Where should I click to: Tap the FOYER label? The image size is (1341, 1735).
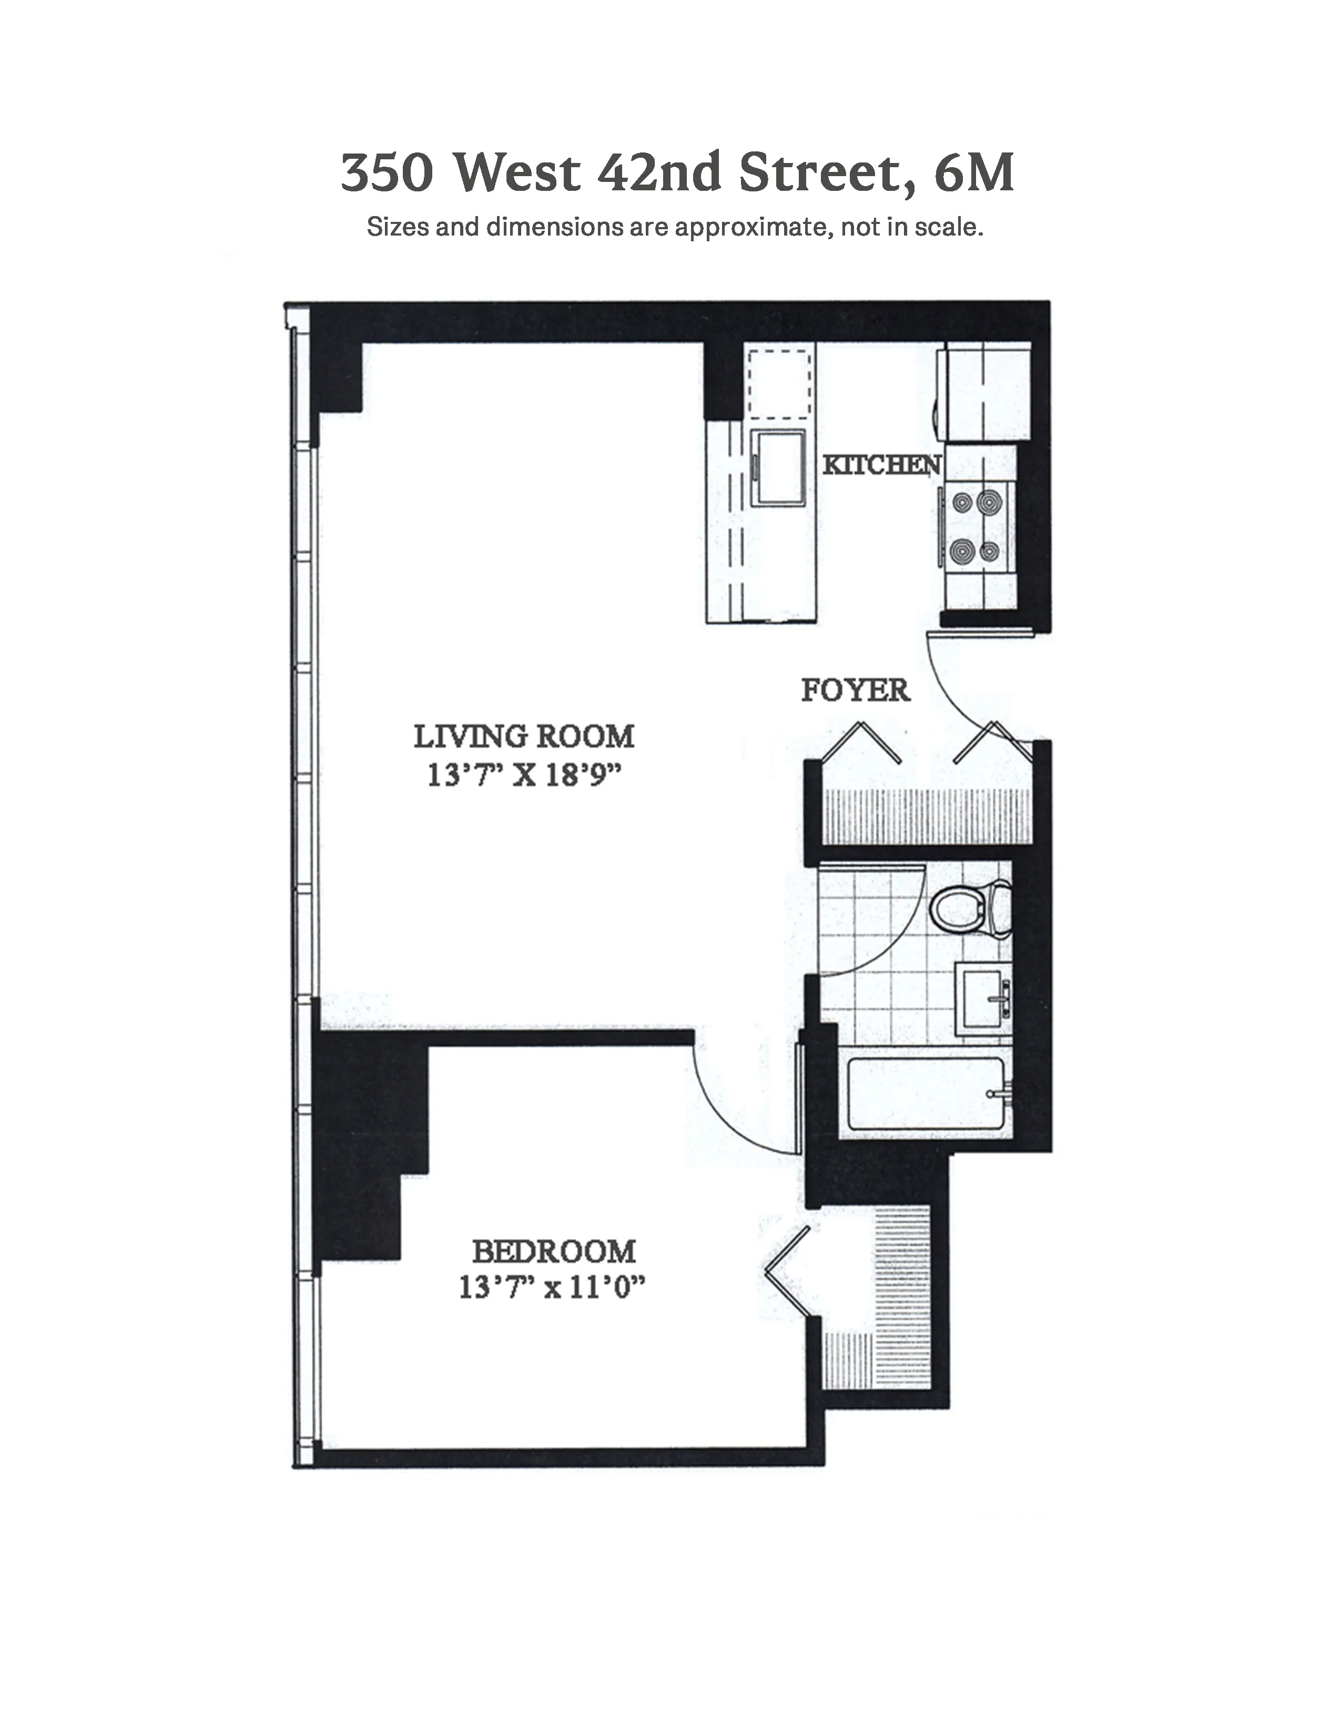855,690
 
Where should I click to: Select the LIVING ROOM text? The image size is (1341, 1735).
524,737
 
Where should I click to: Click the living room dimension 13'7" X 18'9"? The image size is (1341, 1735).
524,774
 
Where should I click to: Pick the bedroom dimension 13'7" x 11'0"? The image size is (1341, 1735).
551,1288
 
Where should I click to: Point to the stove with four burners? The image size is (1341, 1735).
977,526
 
